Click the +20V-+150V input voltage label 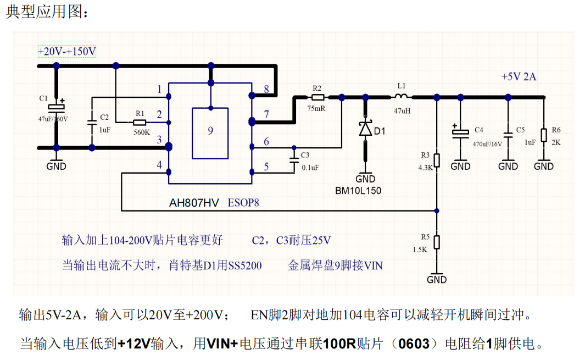[x=67, y=52]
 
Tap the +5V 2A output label [x=519, y=77]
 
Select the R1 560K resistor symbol [x=140, y=122]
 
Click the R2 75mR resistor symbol [x=317, y=97]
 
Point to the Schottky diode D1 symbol [x=365, y=129]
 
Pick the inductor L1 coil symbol [x=401, y=97]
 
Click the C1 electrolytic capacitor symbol [x=56, y=106]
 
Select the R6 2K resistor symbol [x=544, y=135]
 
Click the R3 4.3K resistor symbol [x=437, y=160]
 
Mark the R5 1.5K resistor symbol [x=437, y=242]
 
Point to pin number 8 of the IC [x=266, y=89]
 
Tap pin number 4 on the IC [x=159, y=165]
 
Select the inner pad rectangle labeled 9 [x=210, y=132]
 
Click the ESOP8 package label [x=243, y=203]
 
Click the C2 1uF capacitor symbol [x=92, y=123]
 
